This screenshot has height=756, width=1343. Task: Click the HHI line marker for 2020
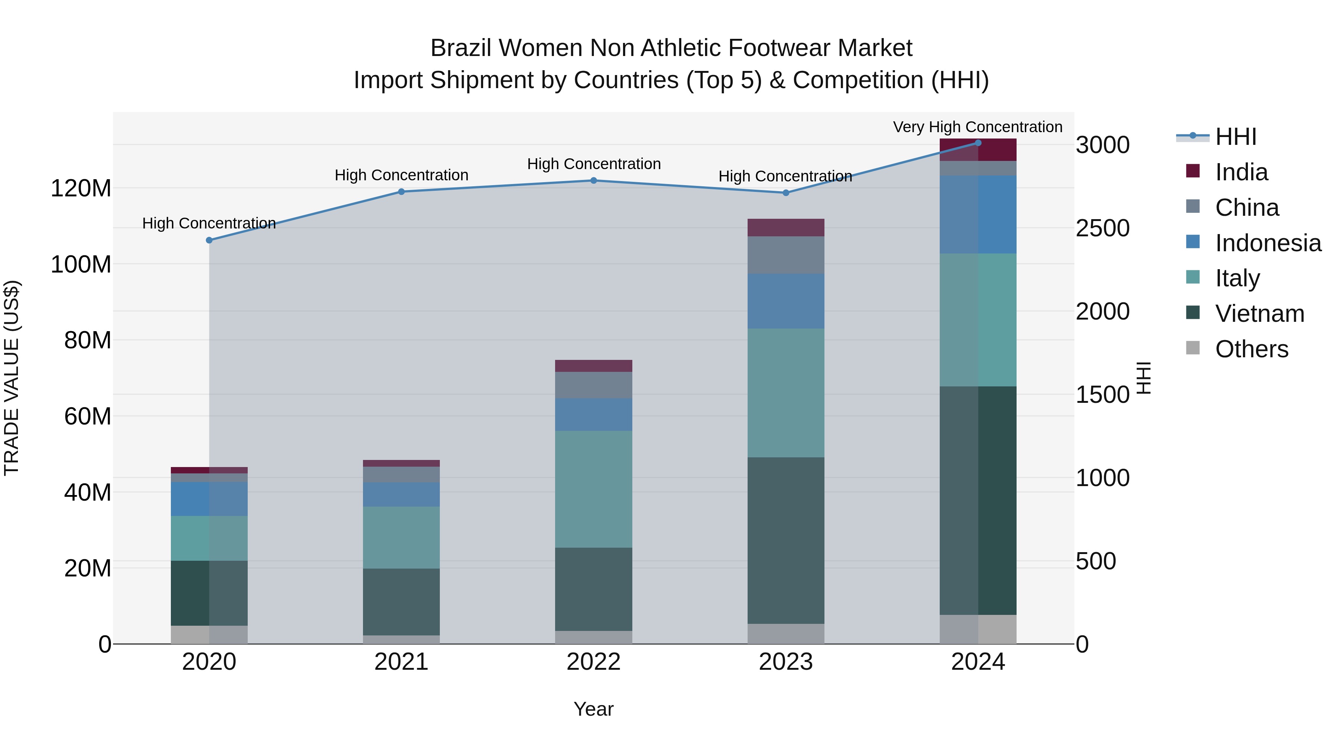(x=209, y=240)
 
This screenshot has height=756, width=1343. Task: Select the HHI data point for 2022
(x=593, y=181)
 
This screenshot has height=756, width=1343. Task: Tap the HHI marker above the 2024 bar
(x=978, y=143)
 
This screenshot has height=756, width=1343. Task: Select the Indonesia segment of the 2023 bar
(x=786, y=301)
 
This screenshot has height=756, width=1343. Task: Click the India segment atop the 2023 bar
(x=786, y=227)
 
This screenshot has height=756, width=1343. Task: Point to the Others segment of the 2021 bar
(x=401, y=639)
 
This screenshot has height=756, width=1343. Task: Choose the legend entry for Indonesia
(x=1268, y=243)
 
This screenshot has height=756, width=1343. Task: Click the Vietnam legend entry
(x=1259, y=314)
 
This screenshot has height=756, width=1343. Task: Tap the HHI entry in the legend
(x=1236, y=137)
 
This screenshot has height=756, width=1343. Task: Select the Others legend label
(x=1251, y=349)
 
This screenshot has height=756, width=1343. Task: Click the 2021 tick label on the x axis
(x=401, y=662)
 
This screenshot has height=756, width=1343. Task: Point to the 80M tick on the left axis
(x=88, y=340)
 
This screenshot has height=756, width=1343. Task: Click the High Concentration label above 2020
(x=209, y=223)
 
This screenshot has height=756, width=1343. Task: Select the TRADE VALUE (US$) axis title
(x=12, y=378)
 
